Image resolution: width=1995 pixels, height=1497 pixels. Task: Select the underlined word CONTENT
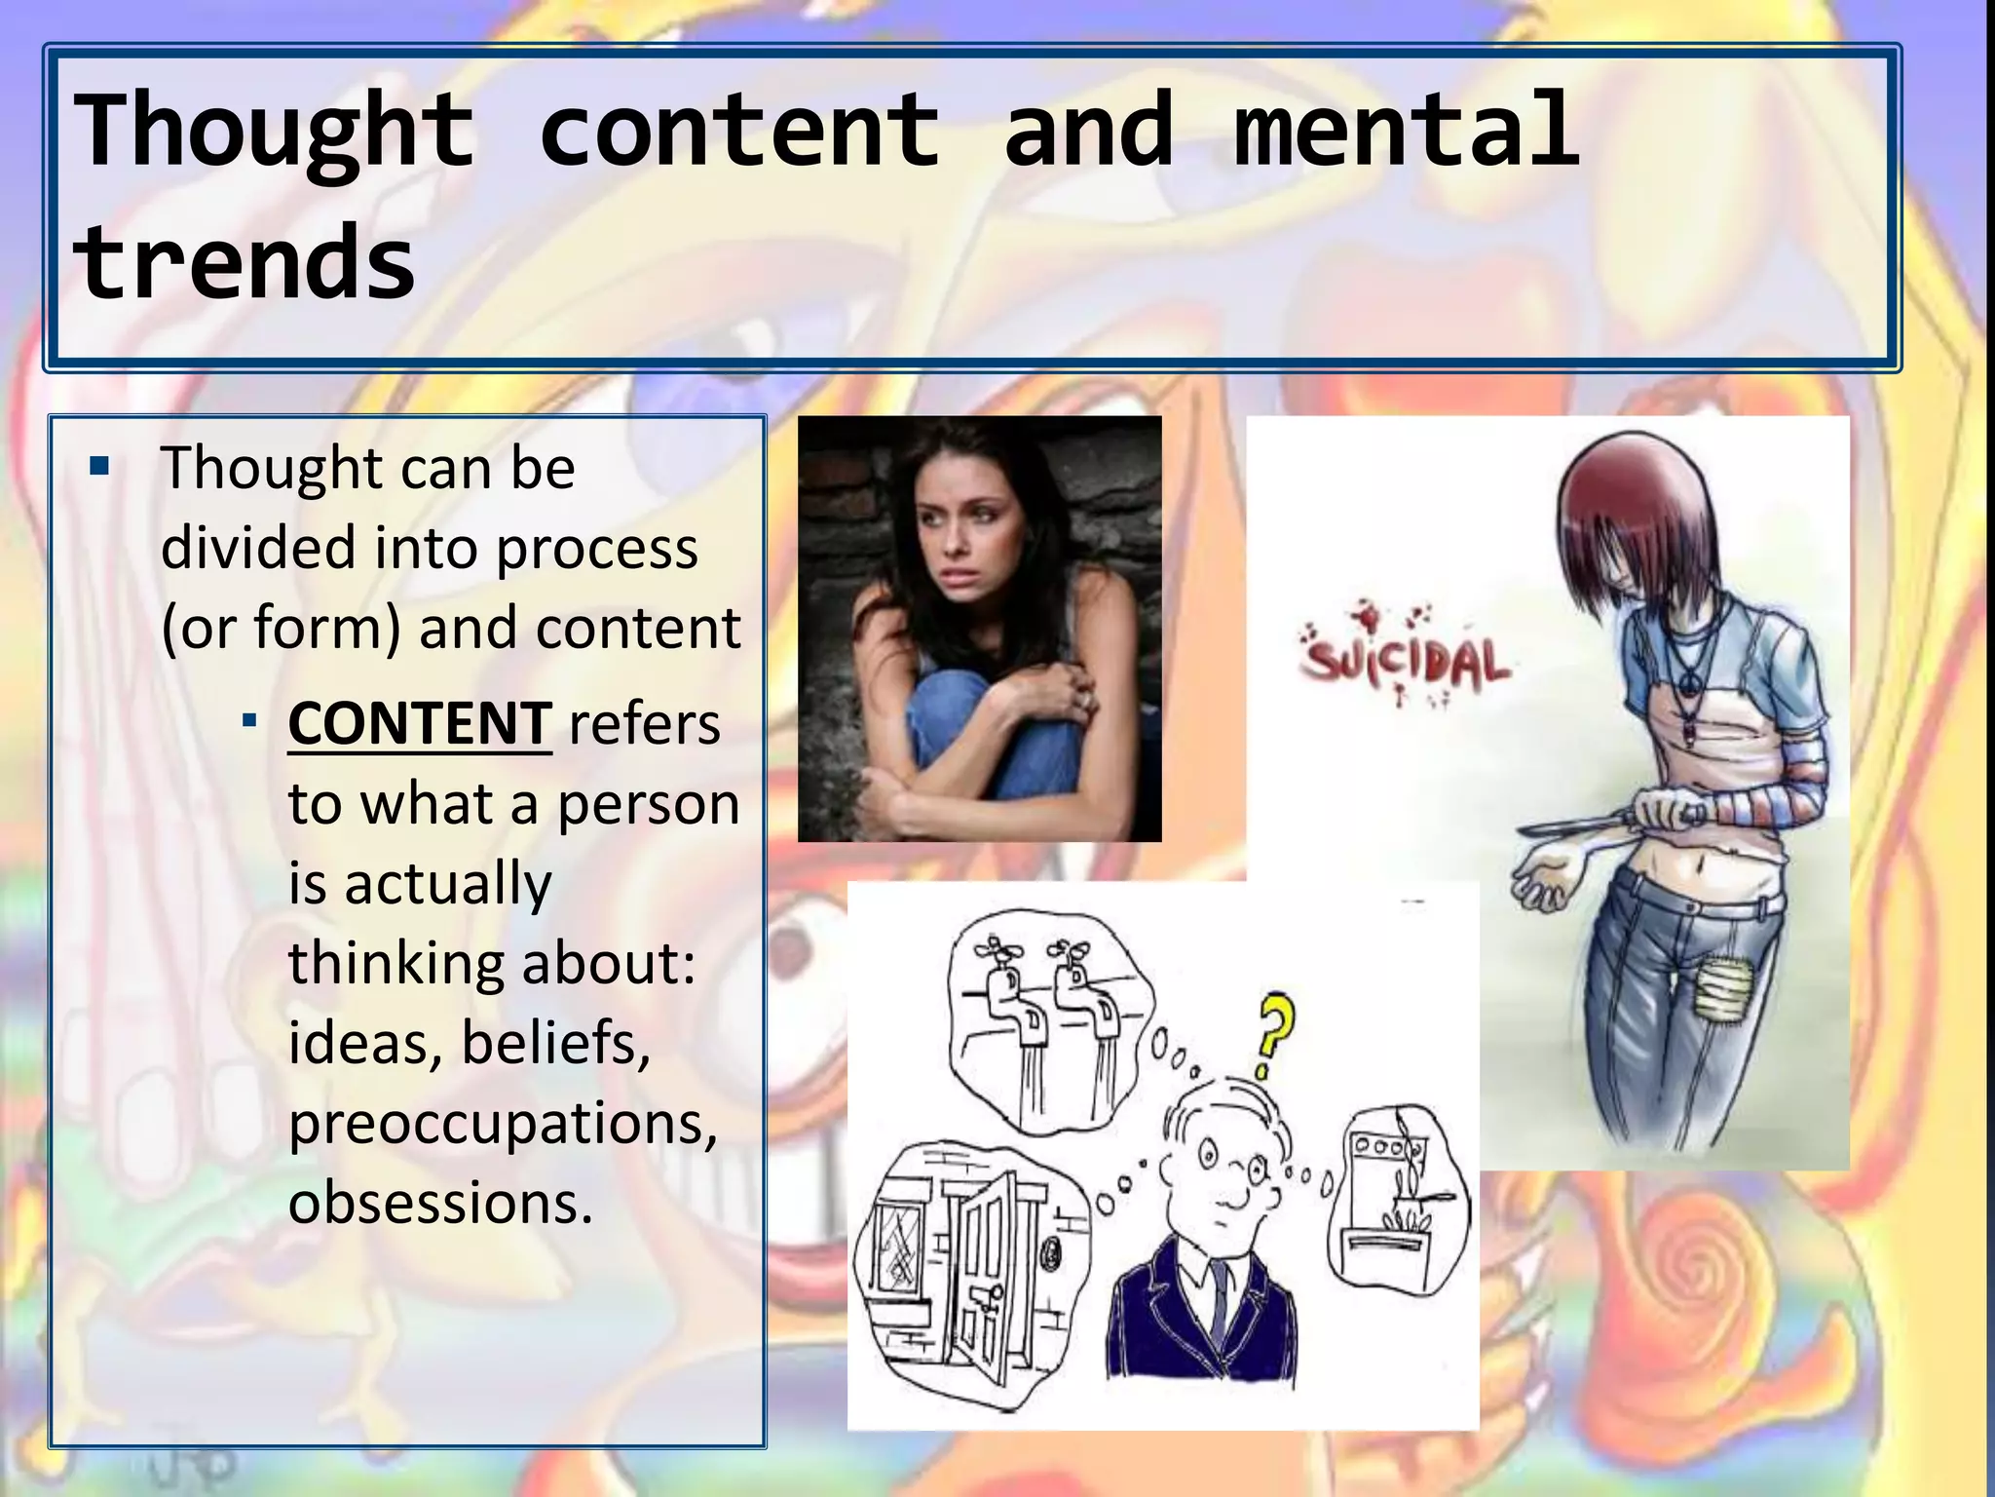click(x=420, y=723)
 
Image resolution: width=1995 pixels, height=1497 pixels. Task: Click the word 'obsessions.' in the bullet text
click(x=440, y=1203)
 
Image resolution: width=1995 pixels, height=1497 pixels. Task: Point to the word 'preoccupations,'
click(x=503, y=1123)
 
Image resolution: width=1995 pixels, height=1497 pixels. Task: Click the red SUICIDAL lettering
click(x=1406, y=663)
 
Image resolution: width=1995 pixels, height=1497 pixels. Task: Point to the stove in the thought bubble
click(x=1393, y=1209)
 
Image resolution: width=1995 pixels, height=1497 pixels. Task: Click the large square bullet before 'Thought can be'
click(x=98, y=467)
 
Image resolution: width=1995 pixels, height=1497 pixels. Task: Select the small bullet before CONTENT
click(x=250, y=722)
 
